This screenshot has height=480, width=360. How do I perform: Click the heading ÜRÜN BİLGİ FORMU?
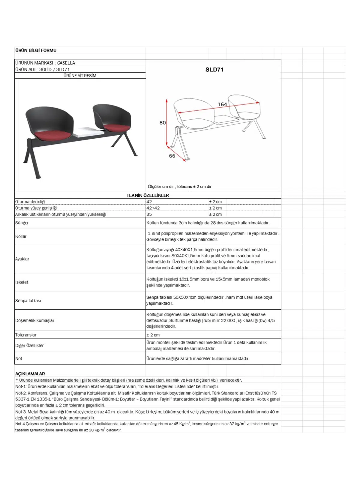(x=36, y=50)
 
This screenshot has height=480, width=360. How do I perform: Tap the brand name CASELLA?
(x=66, y=63)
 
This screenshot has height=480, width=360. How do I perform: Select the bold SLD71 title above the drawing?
(x=214, y=70)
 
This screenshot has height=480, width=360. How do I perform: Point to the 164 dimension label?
(x=222, y=104)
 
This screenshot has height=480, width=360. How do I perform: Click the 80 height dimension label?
(x=163, y=123)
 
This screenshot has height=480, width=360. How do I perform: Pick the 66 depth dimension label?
(x=172, y=156)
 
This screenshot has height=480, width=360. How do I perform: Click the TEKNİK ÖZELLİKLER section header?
(x=148, y=195)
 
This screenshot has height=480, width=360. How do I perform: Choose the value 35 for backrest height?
(x=149, y=214)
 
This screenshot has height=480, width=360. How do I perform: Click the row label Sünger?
(x=22, y=223)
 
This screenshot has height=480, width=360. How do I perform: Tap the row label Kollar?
(x=21, y=236)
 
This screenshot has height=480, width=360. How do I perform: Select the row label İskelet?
(x=22, y=282)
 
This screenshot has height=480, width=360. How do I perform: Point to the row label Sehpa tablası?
(x=28, y=301)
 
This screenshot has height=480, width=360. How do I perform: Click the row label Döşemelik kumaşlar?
(x=35, y=320)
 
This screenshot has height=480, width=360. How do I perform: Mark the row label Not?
(x=19, y=358)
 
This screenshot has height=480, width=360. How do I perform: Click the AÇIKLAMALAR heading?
(x=30, y=374)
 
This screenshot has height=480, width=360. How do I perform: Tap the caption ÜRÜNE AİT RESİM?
(x=80, y=76)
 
